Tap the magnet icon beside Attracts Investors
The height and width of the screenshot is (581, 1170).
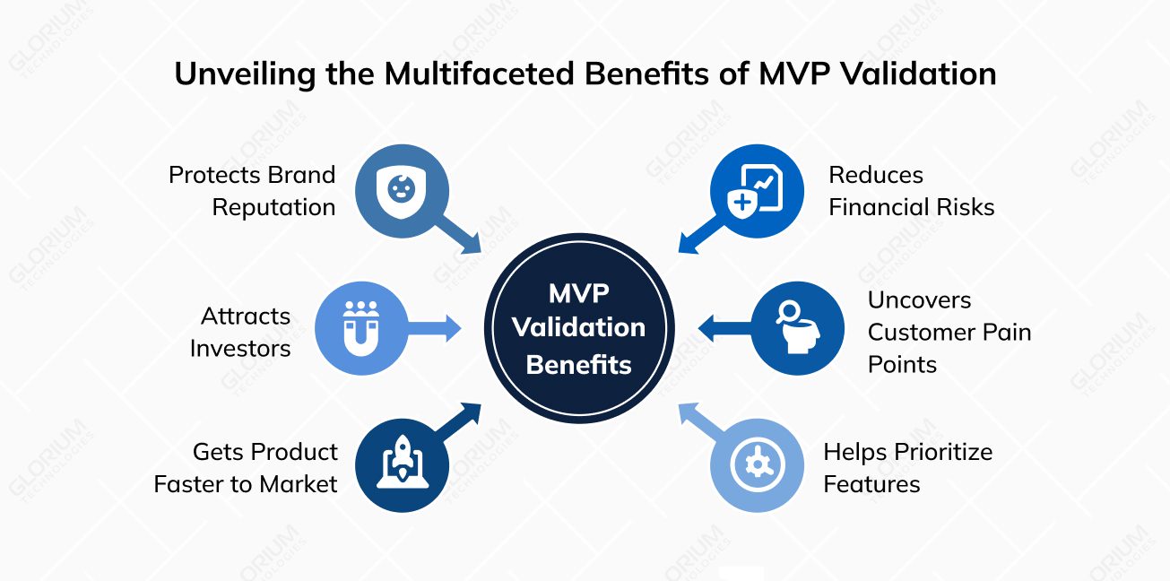tap(360, 328)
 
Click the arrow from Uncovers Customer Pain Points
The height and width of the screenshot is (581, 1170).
tap(724, 328)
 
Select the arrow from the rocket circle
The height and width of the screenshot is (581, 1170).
tap(459, 421)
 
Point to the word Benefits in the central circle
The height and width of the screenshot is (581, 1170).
tap(578, 364)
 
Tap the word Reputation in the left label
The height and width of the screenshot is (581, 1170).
tap(273, 207)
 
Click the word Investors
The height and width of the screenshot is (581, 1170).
tap(240, 348)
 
